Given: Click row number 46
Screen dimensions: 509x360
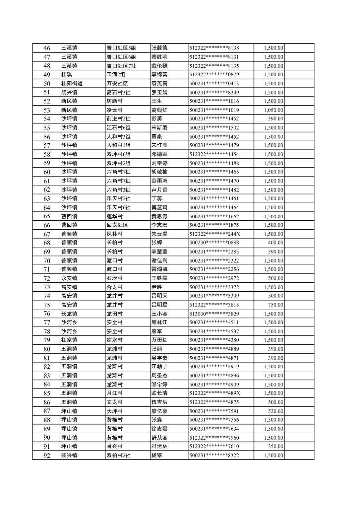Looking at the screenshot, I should click(47, 48).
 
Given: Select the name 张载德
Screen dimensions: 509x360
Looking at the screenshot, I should click(160, 48).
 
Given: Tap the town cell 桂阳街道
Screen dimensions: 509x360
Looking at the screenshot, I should click(72, 84).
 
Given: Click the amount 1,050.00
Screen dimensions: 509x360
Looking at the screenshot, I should click(273, 110).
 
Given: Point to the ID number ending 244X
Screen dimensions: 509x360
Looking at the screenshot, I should click(215, 234).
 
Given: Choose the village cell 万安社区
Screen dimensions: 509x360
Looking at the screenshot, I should click(117, 84).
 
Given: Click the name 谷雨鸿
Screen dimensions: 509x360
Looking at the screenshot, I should click(160, 181).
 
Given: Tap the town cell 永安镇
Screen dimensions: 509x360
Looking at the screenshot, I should click(69, 278).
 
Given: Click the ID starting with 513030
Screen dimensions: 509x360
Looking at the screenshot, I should click(214, 314).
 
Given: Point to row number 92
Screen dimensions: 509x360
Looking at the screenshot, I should click(47, 455).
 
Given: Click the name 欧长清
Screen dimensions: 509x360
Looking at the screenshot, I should click(160, 393).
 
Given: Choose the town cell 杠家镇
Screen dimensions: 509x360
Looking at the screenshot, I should click(69, 340).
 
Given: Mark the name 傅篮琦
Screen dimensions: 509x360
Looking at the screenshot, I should click(160, 208).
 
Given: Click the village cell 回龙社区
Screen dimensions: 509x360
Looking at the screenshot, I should click(117, 225).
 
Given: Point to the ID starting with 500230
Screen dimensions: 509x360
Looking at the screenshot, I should click(214, 243).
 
